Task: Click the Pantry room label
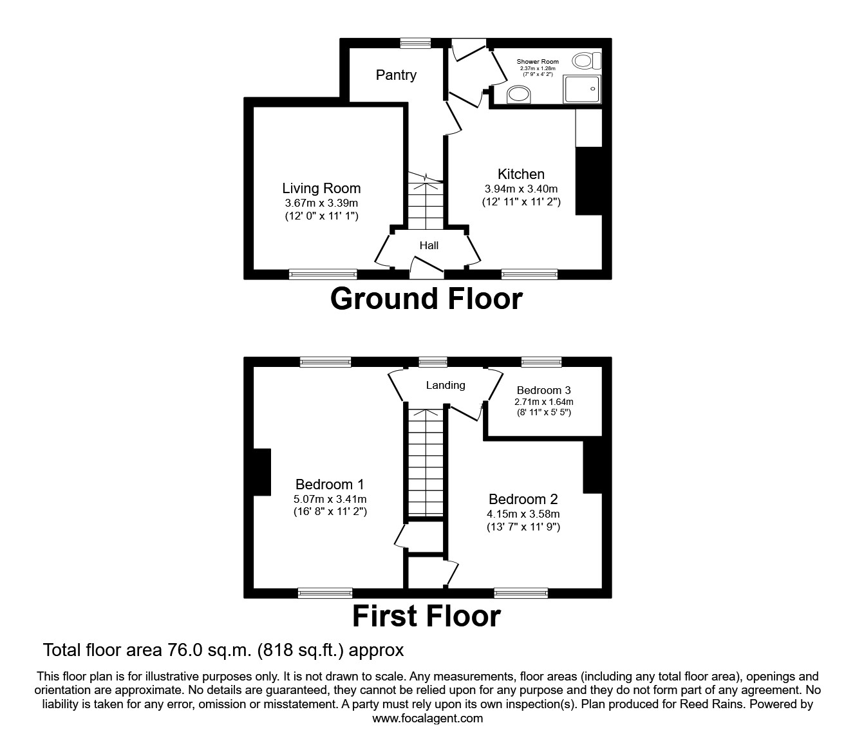(x=396, y=75)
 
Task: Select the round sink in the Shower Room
(x=519, y=95)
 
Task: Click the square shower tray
(x=582, y=89)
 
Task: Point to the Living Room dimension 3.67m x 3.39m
(x=321, y=203)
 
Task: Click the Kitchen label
(x=521, y=174)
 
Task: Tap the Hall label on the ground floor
(x=429, y=245)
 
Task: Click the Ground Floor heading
(x=426, y=299)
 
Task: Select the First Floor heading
(x=426, y=616)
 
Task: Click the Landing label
(x=445, y=385)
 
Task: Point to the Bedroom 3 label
(x=543, y=390)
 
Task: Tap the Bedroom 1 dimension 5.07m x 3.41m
(x=330, y=499)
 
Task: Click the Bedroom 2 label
(x=523, y=499)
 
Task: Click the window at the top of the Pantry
(x=415, y=43)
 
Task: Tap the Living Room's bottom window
(x=323, y=274)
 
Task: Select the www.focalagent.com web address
(x=427, y=718)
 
